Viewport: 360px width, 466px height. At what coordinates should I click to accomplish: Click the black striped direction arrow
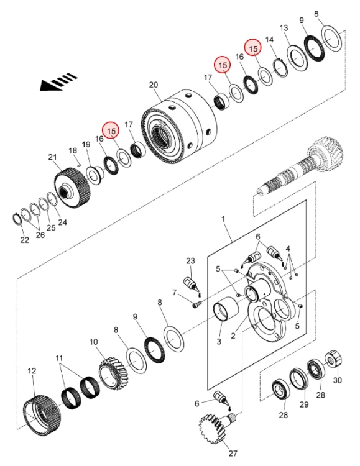(x=58, y=82)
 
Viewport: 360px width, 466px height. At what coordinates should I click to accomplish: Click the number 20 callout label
(x=153, y=85)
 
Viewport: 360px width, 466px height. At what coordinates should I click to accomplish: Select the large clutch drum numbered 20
(x=179, y=126)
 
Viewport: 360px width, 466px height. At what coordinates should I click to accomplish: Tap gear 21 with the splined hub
(x=72, y=188)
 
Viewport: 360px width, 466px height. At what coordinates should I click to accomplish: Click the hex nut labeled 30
(x=333, y=359)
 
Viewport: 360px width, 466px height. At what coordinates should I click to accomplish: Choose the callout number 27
(x=233, y=453)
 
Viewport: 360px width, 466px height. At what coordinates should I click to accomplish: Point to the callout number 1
(x=223, y=219)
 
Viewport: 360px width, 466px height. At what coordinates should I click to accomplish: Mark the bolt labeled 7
(x=197, y=304)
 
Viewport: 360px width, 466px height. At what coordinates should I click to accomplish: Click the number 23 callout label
(x=190, y=260)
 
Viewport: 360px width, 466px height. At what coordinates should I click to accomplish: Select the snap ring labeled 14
(x=280, y=68)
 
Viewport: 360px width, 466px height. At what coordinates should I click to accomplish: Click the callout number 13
(x=284, y=28)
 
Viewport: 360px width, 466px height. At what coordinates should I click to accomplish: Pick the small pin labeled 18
(x=79, y=164)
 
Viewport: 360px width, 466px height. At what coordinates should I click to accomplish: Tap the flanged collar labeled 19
(x=95, y=176)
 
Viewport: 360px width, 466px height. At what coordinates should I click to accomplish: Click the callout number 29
(x=304, y=404)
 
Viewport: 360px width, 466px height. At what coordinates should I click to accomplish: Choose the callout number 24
(x=62, y=222)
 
